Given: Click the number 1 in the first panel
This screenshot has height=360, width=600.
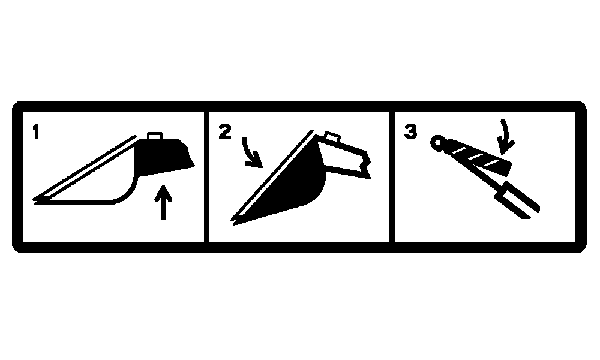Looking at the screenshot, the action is [x=36, y=131].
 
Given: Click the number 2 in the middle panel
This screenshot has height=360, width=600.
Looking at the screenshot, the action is [x=225, y=131].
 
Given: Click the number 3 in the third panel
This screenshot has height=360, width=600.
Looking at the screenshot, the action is [x=411, y=131].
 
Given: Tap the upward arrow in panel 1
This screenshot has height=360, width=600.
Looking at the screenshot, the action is [x=163, y=203].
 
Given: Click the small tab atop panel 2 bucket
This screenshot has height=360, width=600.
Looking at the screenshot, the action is [x=332, y=137].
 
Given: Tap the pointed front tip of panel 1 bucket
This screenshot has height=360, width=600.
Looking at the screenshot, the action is [x=34, y=200].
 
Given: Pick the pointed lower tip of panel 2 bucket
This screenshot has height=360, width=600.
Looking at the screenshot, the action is [x=232, y=221].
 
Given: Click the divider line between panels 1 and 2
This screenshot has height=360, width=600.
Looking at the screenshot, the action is [x=206, y=177].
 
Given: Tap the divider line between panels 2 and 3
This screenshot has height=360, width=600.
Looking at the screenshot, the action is [x=392, y=177].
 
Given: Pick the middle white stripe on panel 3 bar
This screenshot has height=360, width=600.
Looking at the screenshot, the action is [x=476, y=157].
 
